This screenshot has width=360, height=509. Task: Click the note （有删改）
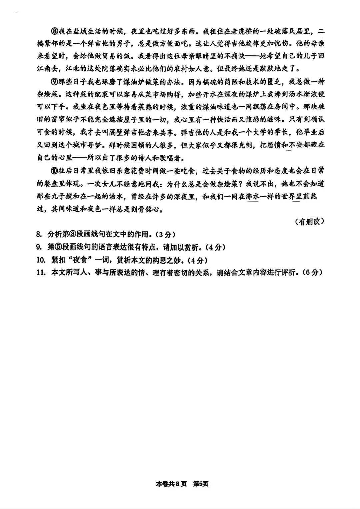(310, 222)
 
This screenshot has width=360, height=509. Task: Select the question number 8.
(38, 234)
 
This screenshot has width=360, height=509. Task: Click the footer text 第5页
(201, 484)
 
